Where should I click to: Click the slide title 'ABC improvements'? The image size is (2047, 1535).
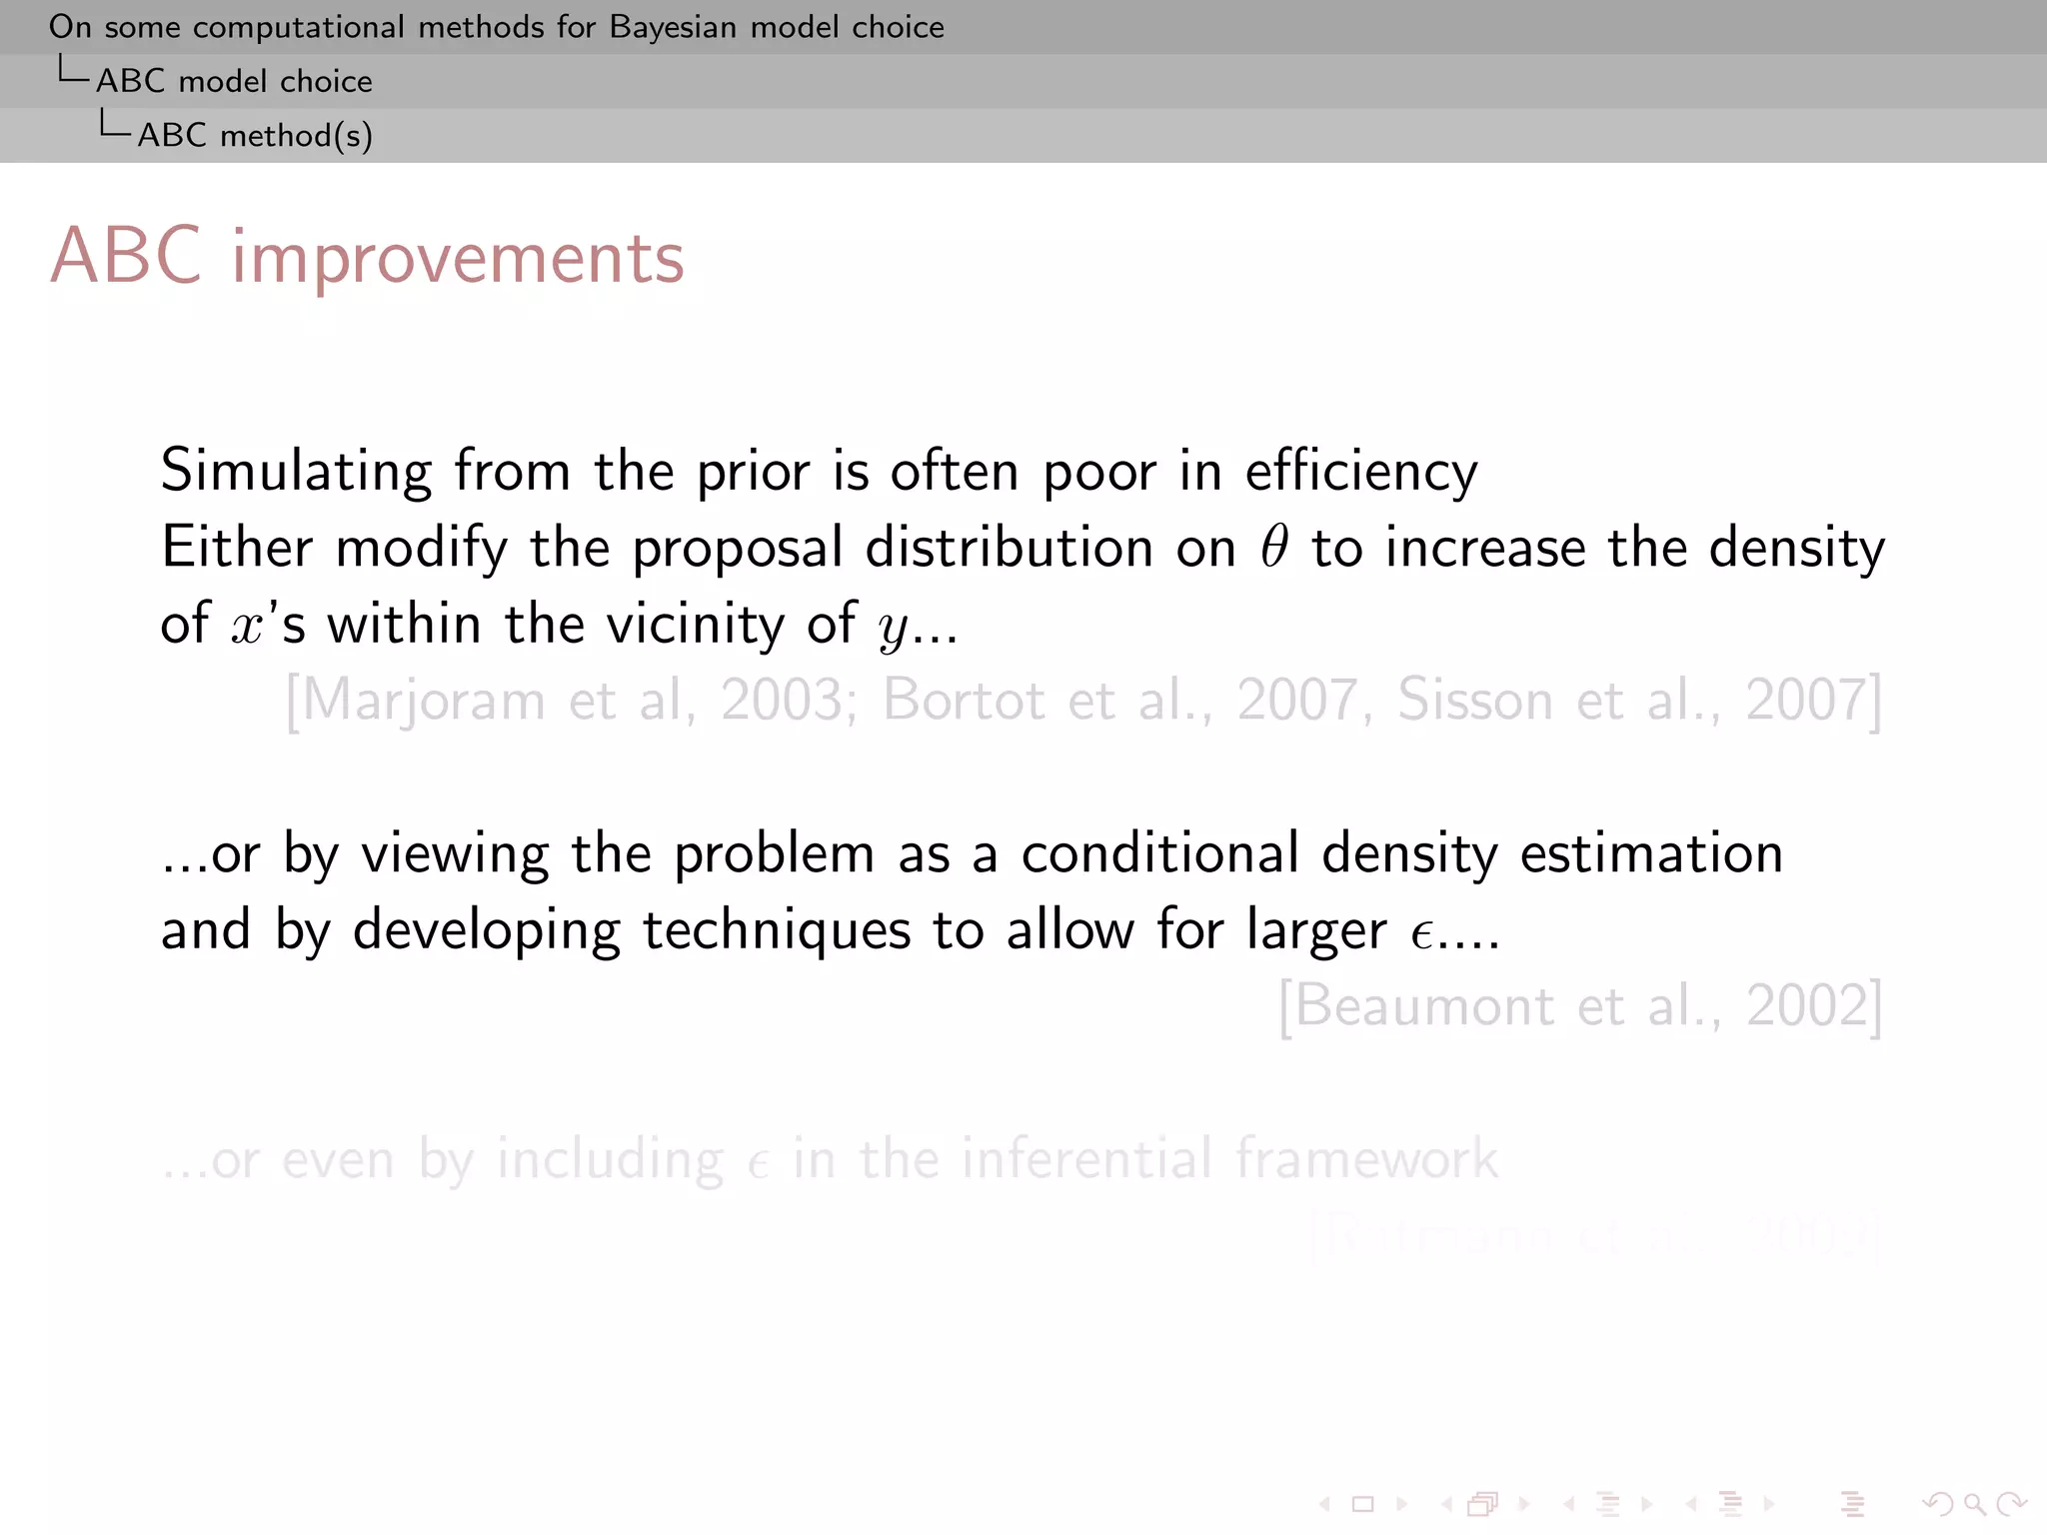[367, 258]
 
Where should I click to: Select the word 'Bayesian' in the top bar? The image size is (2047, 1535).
[673, 27]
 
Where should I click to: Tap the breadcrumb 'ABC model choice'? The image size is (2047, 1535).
[234, 81]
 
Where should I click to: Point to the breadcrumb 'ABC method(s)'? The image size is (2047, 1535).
[255, 135]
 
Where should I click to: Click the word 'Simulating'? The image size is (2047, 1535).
[296, 471]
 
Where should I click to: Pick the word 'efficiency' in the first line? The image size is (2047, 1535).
[1360, 471]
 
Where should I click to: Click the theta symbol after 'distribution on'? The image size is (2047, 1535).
[1274, 547]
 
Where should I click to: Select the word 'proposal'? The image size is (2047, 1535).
[738, 549]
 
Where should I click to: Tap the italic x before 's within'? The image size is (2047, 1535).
[246, 627]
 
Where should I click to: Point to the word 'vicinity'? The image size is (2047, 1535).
[695, 625]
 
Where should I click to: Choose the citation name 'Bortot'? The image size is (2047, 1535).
[964, 700]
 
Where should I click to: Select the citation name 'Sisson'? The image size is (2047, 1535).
[1474, 700]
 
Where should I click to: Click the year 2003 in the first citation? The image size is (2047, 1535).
[782, 700]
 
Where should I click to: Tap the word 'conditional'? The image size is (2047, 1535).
[1159, 853]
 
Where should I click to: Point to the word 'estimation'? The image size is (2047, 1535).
[1651, 853]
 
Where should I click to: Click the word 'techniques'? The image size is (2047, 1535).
[776, 930]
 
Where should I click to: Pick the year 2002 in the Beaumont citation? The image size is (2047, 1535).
[1806, 1006]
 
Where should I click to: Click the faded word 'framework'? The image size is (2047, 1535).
[1366, 1159]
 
